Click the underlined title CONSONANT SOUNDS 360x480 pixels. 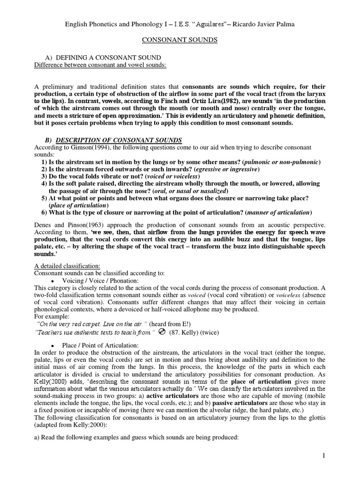[x=180, y=40]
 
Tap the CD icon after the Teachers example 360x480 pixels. [x=162, y=332]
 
